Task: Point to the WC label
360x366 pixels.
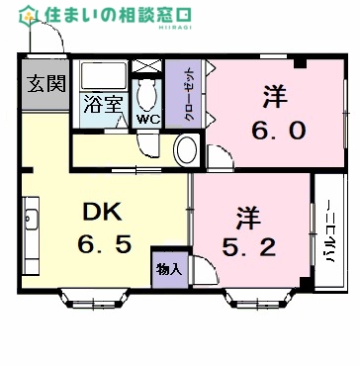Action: click(x=148, y=119)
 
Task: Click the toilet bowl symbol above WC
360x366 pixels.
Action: click(x=148, y=95)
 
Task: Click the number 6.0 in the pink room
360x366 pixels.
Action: click(x=275, y=129)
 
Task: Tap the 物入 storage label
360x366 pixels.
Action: click(x=168, y=268)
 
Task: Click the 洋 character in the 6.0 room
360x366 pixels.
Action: click(x=275, y=98)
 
